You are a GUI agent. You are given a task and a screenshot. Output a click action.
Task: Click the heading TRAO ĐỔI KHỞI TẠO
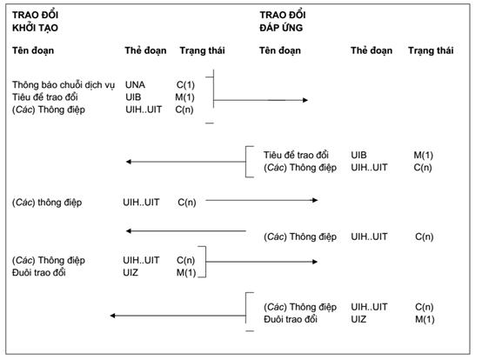coord(35,22)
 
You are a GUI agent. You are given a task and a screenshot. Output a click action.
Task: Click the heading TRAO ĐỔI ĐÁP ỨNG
coord(283,22)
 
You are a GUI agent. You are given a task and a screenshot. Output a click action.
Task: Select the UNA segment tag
coord(135,84)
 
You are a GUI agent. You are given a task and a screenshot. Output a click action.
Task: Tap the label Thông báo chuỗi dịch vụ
coord(64,85)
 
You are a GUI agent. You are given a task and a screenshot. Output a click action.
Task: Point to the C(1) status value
coord(185,85)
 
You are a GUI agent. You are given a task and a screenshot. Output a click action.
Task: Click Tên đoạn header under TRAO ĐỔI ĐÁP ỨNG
coord(280,50)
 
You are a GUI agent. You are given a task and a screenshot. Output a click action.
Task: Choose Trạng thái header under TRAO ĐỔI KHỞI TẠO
coord(202,50)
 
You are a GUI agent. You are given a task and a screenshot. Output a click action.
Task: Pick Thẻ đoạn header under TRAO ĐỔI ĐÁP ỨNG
coord(372,50)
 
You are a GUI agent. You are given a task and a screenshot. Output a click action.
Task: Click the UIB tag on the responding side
coord(358,155)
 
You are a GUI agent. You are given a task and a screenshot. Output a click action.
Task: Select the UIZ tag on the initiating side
coord(131,272)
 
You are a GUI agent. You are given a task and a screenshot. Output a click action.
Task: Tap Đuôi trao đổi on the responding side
coord(291,319)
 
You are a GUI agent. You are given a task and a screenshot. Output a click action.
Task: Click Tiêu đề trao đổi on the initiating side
coord(45,97)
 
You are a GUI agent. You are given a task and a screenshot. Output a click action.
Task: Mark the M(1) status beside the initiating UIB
coord(184,97)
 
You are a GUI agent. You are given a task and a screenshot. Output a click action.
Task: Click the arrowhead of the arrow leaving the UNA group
coord(305,100)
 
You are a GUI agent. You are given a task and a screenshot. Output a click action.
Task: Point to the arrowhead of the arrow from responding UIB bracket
coord(129,162)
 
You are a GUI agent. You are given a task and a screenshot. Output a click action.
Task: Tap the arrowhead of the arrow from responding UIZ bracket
coord(112,316)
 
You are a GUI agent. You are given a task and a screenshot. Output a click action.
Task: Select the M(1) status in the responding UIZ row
coord(425,319)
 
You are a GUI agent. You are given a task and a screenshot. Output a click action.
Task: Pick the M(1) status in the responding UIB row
coord(424,156)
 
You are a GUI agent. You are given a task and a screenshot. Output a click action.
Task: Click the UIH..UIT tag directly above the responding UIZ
coord(369,307)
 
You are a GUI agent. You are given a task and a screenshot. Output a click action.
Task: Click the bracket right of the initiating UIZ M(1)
coord(205,262)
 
